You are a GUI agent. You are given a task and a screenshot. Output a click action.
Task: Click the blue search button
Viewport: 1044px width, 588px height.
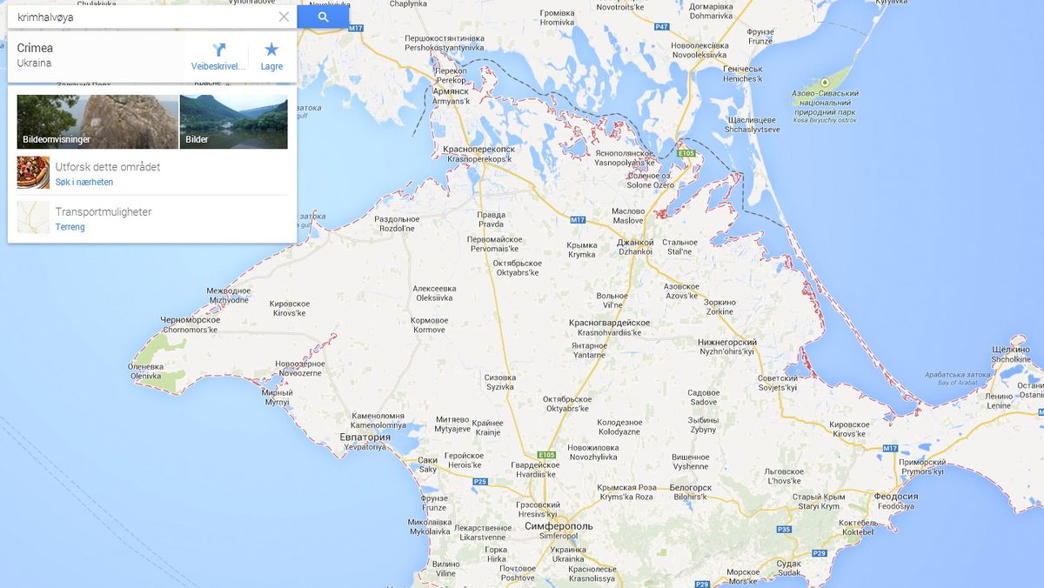tap(323, 17)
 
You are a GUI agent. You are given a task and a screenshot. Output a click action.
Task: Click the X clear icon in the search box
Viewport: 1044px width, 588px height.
tap(284, 17)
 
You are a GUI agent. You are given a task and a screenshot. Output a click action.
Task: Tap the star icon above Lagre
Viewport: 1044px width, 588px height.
tap(271, 50)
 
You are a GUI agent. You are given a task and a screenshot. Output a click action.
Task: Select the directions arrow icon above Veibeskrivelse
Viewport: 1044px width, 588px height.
tap(218, 50)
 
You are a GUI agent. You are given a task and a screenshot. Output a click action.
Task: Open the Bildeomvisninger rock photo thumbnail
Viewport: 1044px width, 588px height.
tap(97, 122)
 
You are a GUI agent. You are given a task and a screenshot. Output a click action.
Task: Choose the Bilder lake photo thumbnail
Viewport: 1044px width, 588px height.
tap(233, 122)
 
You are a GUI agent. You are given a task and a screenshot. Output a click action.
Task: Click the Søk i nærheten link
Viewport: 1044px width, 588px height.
tap(84, 182)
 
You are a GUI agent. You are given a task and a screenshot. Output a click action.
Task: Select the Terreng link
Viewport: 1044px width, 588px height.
tap(70, 227)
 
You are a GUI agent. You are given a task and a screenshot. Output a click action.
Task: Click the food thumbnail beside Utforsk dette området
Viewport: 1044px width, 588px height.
tap(33, 172)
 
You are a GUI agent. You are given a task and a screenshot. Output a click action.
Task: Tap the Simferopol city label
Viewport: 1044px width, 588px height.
tap(559, 527)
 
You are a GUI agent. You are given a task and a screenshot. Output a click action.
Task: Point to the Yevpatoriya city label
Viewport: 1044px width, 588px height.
tap(365, 441)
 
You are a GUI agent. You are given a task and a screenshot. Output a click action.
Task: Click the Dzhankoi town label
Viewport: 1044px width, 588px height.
tap(635, 246)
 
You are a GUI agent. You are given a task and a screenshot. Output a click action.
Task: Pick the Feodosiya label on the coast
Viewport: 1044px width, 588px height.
tap(894, 500)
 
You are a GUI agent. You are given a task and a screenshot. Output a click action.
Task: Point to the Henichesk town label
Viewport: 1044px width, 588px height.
tap(742, 74)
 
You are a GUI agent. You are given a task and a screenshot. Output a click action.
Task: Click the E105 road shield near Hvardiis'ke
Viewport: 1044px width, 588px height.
tap(546, 454)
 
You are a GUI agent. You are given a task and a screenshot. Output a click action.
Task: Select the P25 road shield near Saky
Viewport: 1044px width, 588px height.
tap(480, 481)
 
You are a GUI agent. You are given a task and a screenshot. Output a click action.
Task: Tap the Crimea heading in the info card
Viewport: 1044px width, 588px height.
tap(35, 48)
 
